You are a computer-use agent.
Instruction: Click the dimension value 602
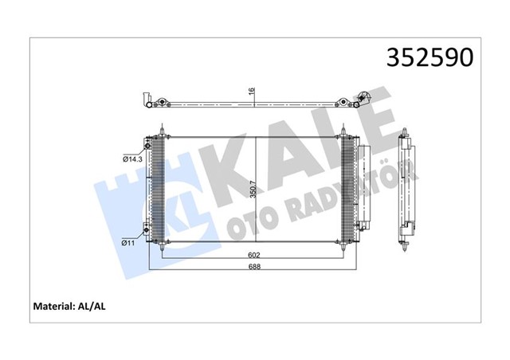[x=253, y=256]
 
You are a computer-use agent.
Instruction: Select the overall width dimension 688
[x=253, y=267]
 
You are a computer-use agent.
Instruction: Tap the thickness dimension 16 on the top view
[x=252, y=92]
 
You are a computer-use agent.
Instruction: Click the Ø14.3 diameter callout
[x=131, y=159]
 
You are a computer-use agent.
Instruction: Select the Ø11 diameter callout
[x=129, y=241]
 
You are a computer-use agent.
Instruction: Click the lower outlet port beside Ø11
[x=147, y=231]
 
